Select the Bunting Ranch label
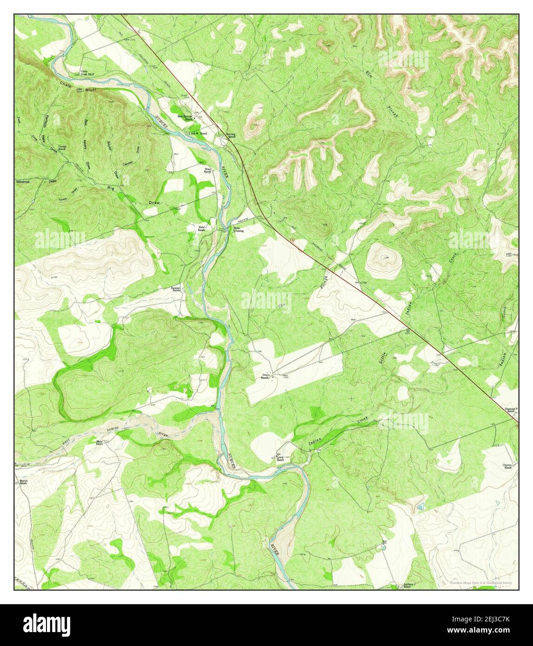tap(231, 136)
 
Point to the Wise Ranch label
tap(208, 170)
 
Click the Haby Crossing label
tap(238, 230)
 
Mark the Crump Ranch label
tap(62, 147)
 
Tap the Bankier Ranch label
tap(175, 289)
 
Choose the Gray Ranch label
tap(265, 376)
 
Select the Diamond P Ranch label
tap(511, 410)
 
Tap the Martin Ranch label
tap(23, 481)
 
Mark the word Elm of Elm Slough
tap(369, 74)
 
